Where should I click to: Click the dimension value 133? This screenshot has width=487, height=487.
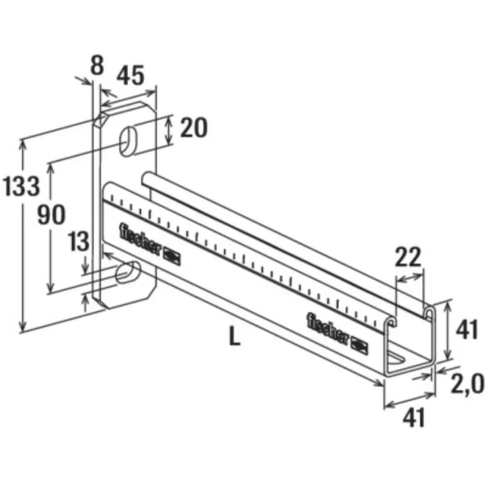click(21, 186)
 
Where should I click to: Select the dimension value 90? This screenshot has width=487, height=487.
click(51, 214)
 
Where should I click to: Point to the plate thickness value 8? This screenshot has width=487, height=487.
click(97, 65)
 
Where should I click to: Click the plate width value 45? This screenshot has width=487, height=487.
click(131, 75)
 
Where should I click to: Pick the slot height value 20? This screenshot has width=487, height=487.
click(194, 127)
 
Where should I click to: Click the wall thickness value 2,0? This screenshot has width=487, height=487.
click(468, 384)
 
